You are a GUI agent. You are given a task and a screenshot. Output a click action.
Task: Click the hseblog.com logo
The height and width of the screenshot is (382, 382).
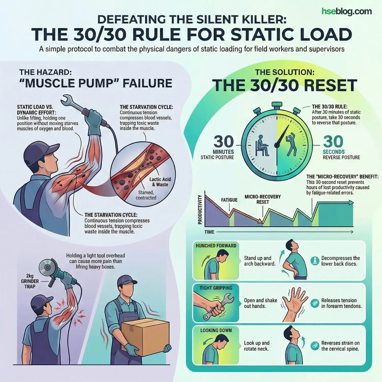pyautogui.click(x=346, y=11)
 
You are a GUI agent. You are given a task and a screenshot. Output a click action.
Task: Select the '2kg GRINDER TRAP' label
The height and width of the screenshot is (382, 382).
pyautogui.click(x=30, y=281)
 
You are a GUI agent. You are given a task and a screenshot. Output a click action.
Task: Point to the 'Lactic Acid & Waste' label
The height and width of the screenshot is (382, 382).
pyautogui.click(x=160, y=182)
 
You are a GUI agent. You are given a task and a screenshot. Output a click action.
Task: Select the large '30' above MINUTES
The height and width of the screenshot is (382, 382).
pyautogui.click(x=224, y=141)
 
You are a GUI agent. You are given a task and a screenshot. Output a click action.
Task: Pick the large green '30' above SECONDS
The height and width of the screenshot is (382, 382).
pyautogui.click(x=333, y=141)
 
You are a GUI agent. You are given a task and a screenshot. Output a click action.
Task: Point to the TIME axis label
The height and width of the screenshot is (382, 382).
pyautogui.click(x=209, y=232)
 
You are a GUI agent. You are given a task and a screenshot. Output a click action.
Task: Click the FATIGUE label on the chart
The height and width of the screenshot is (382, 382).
pyautogui.click(x=229, y=200)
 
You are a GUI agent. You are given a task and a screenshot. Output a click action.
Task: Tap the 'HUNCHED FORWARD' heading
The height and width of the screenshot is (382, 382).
pyautogui.click(x=216, y=246)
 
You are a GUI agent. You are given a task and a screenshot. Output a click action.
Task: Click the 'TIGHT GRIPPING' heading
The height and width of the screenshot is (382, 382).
pyautogui.click(x=216, y=288)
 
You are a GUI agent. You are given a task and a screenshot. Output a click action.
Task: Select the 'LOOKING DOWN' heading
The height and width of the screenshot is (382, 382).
pyautogui.click(x=216, y=331)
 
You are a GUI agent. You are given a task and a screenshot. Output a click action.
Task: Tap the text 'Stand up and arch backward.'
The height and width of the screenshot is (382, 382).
pyautogui.click(x=260, y=261)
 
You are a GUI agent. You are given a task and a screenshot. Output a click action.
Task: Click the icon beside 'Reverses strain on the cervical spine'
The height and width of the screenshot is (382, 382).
pyautogui.click(x=315, y=346)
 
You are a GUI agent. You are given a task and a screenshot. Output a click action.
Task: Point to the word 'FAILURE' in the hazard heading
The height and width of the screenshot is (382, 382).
pyautogui.click(x=147, y=83)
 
